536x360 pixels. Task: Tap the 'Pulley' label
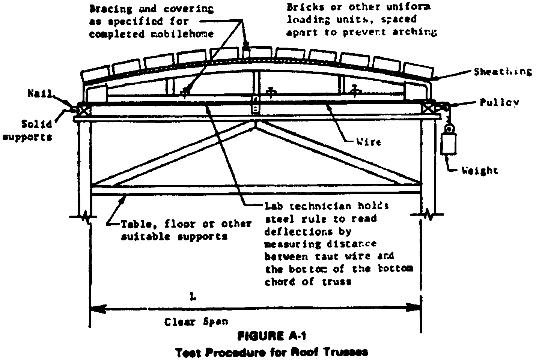click(x=499, y=102)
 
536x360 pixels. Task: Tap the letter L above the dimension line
click(x=193, y=297)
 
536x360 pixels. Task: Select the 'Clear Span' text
click(x=196, y=322)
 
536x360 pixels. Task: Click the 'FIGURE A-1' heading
click(x=268, y=336)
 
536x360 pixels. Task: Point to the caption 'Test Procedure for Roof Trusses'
click(x=272, y=352)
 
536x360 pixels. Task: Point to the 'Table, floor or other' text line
click(x=186, y=224)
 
